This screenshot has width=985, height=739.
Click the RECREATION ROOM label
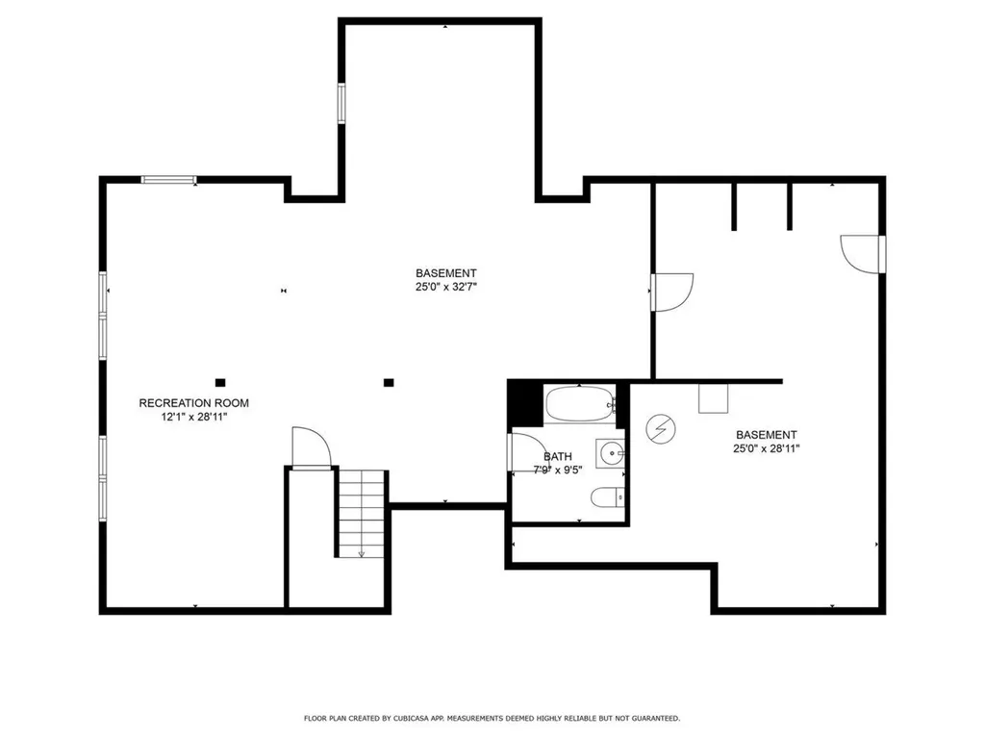pos(193,403)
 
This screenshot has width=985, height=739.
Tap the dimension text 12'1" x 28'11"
pos(193,417)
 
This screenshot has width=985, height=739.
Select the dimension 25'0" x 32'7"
pos(445,286)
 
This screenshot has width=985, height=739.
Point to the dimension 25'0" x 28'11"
pos(767,447)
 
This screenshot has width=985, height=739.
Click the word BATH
pos(558,457)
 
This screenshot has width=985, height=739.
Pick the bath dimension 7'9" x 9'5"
pos(559,471)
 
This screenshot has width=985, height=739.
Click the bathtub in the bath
pos(580,404)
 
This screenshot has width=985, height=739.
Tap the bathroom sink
pos(610,451)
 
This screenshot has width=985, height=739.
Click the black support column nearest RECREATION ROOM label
pos(220,382)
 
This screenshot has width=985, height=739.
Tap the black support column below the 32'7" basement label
pos(389,382)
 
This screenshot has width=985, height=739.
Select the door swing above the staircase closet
pos(311,448)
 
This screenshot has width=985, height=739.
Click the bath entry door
pos(527,452)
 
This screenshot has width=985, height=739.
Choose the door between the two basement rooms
pos(670,291)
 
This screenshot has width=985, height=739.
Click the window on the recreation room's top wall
pos(168,179)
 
